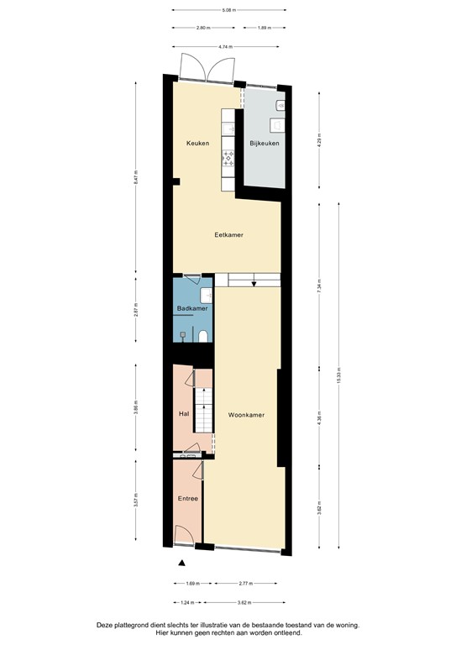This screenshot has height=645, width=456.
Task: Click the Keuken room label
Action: (197, 143)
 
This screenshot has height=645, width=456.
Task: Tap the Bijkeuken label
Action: (264, 143)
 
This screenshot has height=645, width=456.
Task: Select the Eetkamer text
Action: (228, 235)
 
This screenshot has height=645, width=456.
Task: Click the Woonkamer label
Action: (246, 415)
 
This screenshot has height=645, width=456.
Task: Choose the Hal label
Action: (183, 414)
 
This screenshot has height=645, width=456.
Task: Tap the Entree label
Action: (187, 499)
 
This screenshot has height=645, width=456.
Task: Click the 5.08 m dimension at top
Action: (228, 10)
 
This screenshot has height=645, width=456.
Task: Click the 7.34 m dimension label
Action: (319, 290)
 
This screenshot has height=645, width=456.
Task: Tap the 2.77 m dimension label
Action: (246, 582)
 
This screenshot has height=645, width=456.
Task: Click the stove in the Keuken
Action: (227, 158)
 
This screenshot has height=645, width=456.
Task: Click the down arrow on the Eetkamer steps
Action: (253, 283)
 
